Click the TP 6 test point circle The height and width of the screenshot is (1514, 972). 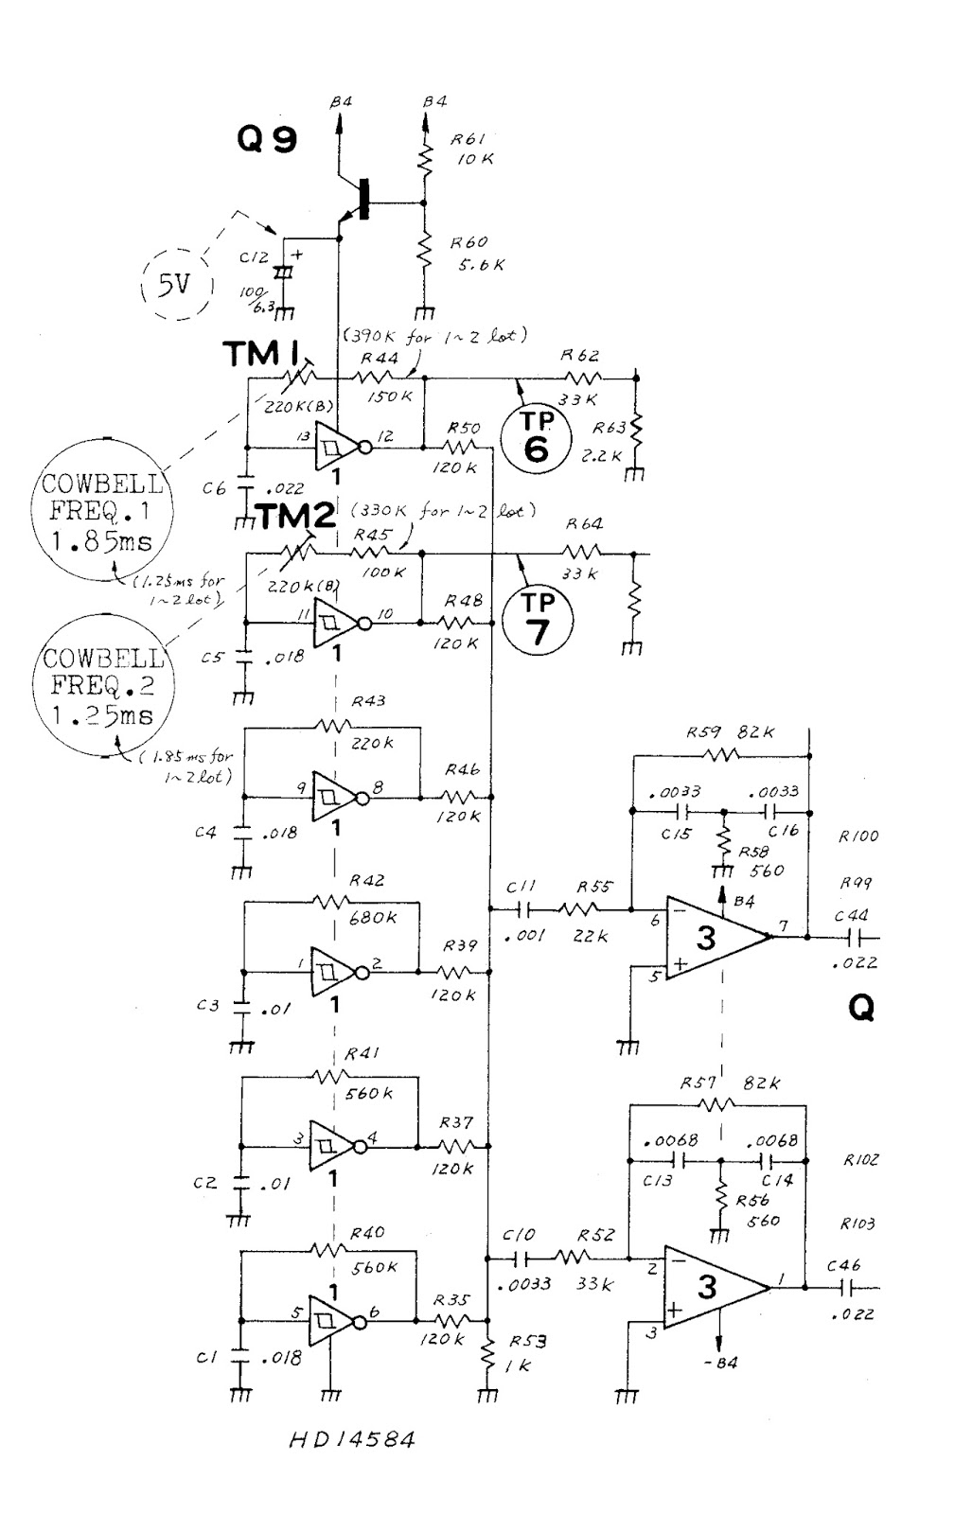(536, 439)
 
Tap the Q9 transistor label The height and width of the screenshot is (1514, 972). (267, 140)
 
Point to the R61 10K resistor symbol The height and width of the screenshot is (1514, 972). (425, 160)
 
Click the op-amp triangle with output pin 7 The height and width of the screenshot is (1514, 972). (715, 938)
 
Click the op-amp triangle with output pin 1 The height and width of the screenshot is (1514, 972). (715, 1287)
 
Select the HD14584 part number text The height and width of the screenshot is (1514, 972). (352, 1441)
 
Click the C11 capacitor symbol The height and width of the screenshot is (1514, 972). (522, 909)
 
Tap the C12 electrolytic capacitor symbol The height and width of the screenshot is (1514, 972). (282, 273)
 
